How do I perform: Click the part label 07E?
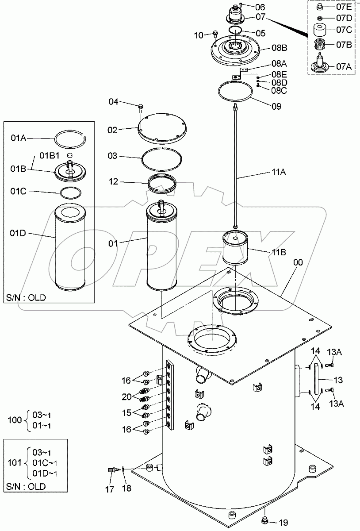point(343,8)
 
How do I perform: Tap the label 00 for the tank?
point(298,262)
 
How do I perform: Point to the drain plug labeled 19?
point(266,519)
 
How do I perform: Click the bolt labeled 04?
point(140,106)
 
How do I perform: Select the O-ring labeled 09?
point(236,92)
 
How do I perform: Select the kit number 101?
point(15,462)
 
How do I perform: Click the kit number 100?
point(15,419)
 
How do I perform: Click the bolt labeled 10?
point(215,34)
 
